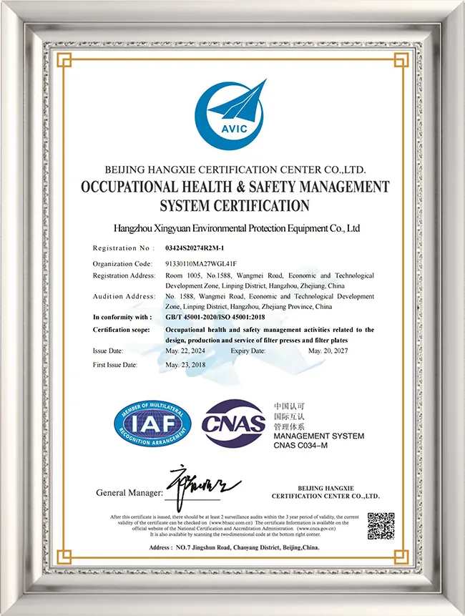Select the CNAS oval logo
pos(233,424)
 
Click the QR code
pos(381,526)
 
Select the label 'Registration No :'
pos(123,248)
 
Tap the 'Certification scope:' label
pos(122,330)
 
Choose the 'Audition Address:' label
pos(124,296)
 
